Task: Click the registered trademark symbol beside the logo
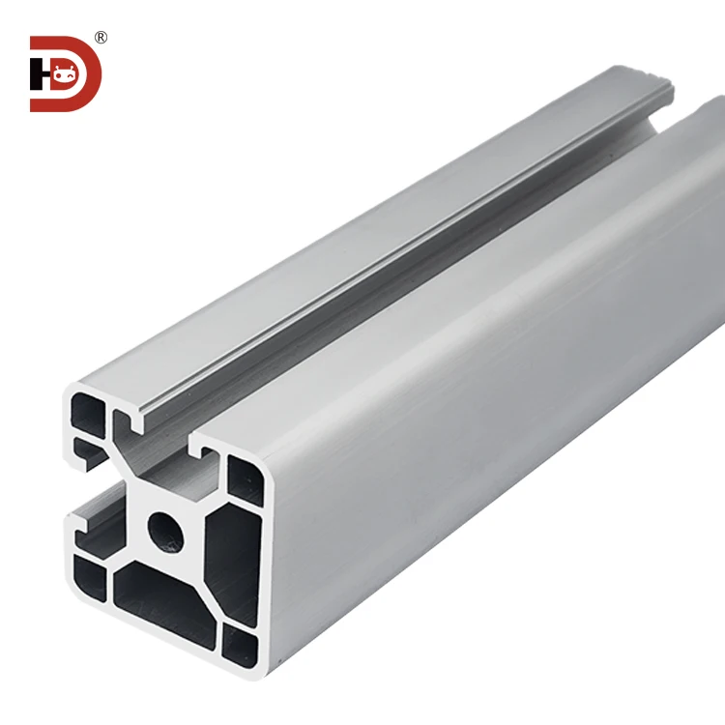(x=101, y=38)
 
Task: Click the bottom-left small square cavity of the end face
(x=89, y=578)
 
